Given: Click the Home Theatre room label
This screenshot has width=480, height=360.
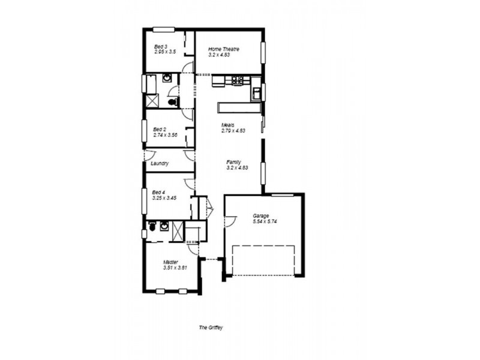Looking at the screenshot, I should pos(224,49).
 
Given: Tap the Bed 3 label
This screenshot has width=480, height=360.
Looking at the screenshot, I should pos(160,47).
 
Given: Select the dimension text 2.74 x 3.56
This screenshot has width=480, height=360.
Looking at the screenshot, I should pos(165,135).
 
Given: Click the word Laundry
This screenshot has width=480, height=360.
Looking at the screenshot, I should pos(160,163).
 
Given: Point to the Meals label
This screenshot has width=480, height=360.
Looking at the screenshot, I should pos(227,125).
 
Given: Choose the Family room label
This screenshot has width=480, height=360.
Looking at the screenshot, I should pos(234,162).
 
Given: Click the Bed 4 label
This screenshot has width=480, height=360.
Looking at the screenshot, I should pos(159,192).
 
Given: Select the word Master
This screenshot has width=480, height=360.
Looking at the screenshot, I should pos(171,262).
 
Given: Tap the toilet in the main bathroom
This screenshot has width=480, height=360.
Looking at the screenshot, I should pos(173,102).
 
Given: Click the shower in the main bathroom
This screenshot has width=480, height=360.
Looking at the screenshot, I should pos(151,101).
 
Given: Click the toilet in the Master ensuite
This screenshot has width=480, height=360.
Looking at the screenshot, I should pos(152,227).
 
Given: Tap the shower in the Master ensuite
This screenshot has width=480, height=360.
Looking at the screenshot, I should pos(178,231).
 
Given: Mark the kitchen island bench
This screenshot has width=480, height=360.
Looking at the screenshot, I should pos(239,107).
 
